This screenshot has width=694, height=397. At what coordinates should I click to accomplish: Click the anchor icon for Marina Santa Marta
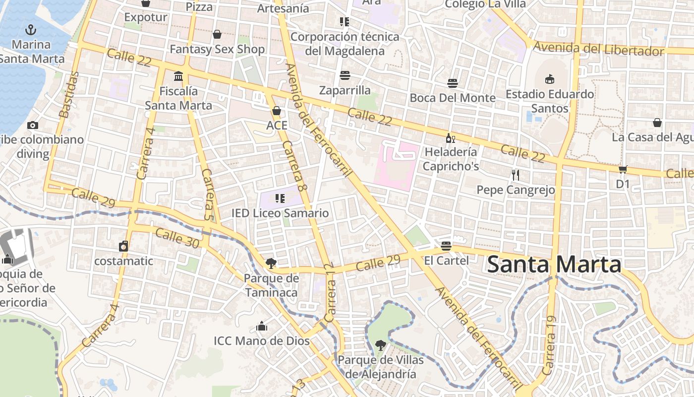click(x=31, y=30)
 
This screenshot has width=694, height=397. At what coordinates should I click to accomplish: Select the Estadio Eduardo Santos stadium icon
click(x=549, y=79)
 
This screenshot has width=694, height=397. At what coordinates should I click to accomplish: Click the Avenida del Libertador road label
click(x=598, y=49)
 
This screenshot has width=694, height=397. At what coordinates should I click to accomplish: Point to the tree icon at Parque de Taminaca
click(x=271, y=263)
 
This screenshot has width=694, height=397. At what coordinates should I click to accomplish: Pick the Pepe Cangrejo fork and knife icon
click(x=516, y=175)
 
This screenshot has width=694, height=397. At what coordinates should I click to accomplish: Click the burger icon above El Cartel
click(x=446, y=246)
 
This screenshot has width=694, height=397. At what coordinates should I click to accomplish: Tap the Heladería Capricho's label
click(x=451, y=159)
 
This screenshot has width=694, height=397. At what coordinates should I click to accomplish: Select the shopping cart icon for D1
click(x=623, y=169)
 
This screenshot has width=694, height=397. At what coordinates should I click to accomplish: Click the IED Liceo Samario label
click(x=280, y=213)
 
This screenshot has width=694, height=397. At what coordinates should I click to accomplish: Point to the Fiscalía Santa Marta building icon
click(x=178, y=76)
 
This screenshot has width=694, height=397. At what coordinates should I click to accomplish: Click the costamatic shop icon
click(x=123, y=246)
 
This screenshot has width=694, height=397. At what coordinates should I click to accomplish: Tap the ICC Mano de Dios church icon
click(x=261, y=326)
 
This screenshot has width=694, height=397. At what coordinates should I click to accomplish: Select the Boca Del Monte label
click(x=452, y=98)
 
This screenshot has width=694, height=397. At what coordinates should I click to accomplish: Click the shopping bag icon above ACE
click(x=277, y=110)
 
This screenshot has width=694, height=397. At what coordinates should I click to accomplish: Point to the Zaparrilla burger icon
click(x=345, y=75)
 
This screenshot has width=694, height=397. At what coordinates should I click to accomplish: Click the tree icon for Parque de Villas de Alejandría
click(x=380, y=345)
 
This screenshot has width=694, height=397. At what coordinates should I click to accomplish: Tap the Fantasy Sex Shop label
click(x=217, y=50)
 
